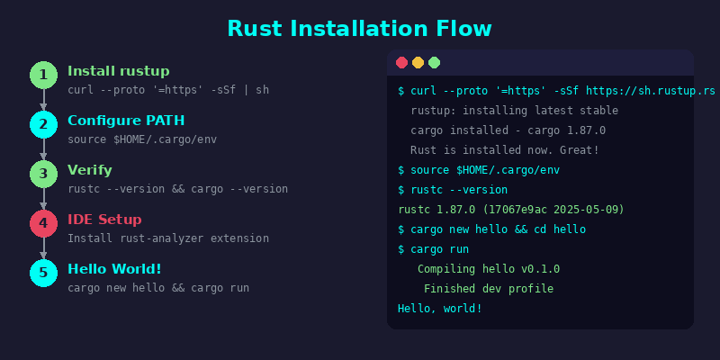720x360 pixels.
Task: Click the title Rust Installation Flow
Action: pyautogui.click(x=359, y=29)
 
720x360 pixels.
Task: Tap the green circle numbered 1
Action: pyautogui.click(x=43, y=75)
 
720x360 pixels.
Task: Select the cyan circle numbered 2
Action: pyautogui.click(x=43, y=124)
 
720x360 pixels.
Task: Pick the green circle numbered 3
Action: pyautogui.click(x=43, y=174)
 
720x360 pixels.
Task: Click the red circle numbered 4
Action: pyautogui.click(x=43, y=223)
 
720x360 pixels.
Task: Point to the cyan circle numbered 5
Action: pyautogui.click(x=43, y=274)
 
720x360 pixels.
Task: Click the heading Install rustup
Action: pyautogui.click(x=119, y=72)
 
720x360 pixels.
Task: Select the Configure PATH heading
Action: pyautogui.click(x=126, y=121)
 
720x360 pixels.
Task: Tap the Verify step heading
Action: pyautogui.click(x=89, y=170)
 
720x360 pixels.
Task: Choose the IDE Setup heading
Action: pyautogui.click(x=104, y=220)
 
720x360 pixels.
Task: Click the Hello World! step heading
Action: pyautogui.click(x=114, y=269)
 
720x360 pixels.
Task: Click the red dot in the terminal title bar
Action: pyautogui.click(x=401, y=62)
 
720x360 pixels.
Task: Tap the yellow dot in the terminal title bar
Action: pyautogui.click(x=418, y=62)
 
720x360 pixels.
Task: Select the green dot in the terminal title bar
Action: pyautogui.click(x=435, y=62)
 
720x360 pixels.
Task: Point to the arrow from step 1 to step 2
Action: pyautogui.click(x=43, y=100)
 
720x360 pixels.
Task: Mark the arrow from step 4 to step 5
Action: pyautogui.click(x=43, y=248)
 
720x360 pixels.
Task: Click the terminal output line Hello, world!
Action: pyautogui.click(x=440, y=309)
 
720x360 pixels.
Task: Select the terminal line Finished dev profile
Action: pyautogui.click(x=489, y=289)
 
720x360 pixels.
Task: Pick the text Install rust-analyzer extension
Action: pyautogui.click(x=168, y=238)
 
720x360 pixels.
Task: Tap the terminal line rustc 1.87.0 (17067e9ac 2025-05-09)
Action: pyautogui.click(x=511, y=210)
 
